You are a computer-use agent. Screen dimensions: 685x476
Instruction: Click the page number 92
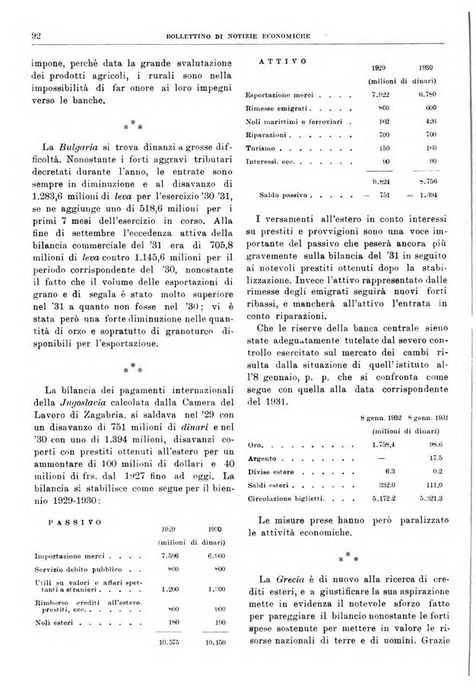point(36,35)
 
